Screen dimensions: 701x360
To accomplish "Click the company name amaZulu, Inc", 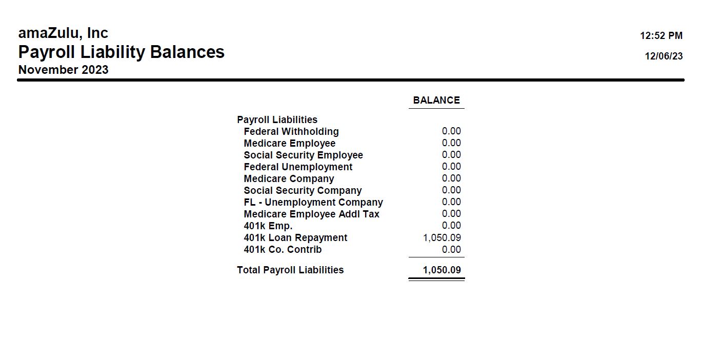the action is tap(63, 33).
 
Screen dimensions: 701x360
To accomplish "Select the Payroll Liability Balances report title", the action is tap(122, 52).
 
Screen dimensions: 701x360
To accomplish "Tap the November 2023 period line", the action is tap(64, 70).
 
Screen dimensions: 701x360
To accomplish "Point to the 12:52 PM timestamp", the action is tap(661, 36).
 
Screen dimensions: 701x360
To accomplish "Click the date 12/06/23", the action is tap(664, 56).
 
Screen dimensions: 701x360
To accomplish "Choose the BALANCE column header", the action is tap(436, 101).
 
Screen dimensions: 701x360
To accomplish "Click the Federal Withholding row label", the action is tap(291, 132).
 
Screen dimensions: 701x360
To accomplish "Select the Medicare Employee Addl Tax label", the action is tap(311, 214).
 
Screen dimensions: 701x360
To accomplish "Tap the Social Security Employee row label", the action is tap(303, 155).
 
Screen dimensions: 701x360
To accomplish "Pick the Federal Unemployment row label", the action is tap(298, 167).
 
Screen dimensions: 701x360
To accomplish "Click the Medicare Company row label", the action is tap(289, 179).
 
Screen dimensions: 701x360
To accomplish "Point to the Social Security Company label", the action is tap(303, 191).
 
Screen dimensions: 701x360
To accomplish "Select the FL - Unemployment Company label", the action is tap(313, 203).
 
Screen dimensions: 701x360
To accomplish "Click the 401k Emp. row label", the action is tap(268, 226).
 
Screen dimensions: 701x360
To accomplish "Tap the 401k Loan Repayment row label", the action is tap(295, 238).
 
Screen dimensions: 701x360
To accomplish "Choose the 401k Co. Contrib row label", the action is tap(283, 250).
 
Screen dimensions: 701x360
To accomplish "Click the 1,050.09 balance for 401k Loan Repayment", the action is tap(442, 238).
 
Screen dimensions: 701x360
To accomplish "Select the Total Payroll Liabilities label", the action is tap(290, 270).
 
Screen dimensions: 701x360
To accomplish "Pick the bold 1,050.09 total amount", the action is tap(442, 270).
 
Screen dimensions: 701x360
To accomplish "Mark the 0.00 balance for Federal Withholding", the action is tap(451, 131).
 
